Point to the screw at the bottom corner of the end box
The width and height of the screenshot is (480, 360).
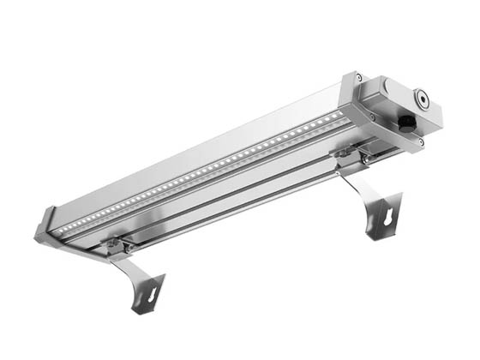pos(419,141)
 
